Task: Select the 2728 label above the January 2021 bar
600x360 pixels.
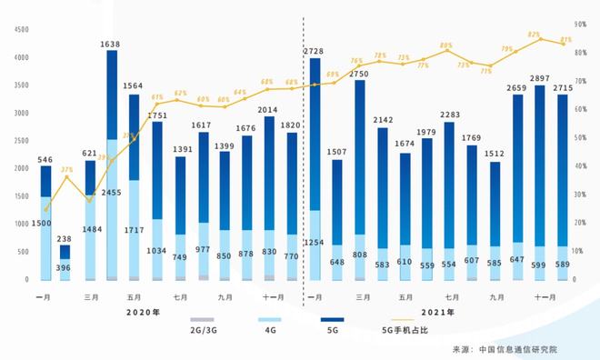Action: (x=315, y=52)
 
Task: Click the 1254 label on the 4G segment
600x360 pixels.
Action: (x=315, y=244)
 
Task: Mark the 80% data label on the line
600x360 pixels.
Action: (x=446, y=45)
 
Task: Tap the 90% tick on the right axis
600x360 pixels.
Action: (x=582, y=25)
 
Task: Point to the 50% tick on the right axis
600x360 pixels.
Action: (x=582, y=137)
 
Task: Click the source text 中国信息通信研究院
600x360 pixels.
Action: (x=531, y=348)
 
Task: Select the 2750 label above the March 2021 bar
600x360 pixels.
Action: (x=359, y=72)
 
